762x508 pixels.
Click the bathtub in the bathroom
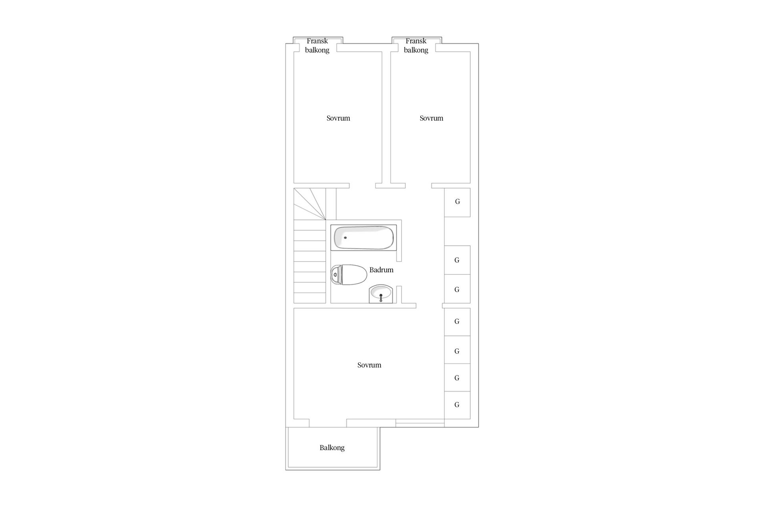364,238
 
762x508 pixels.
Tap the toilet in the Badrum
349,275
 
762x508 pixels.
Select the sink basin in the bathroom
381,294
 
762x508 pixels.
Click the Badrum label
381,270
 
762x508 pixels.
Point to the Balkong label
332,448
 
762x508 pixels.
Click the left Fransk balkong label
317,45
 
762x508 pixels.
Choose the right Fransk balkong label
416,45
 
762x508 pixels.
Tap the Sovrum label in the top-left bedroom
338,118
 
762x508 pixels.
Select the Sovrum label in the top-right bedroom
431,118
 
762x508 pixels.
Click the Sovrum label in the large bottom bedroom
369,365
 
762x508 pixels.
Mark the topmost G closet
457,202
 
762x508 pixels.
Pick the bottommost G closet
457,405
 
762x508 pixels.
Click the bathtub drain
345,238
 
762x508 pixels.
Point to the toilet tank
336,275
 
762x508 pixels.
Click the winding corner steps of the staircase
310,204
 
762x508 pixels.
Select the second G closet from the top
457,260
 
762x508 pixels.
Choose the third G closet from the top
457,289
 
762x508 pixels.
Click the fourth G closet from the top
457,322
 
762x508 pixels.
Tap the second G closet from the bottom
457,377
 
